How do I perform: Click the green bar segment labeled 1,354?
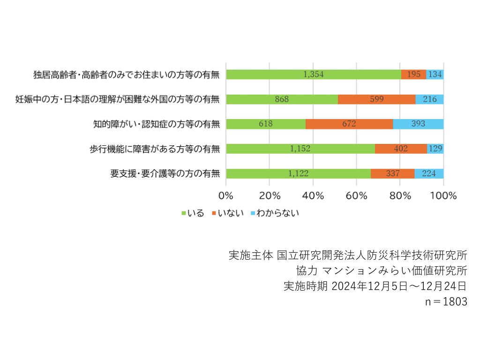(313, 75)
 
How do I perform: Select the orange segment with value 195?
(413, 75)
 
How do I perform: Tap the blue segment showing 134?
(435, 75)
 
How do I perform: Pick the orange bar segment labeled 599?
(376, 99)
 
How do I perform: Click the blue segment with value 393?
(418, 124)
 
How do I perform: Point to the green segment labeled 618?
(266, 124)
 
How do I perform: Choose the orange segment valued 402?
(401, 149)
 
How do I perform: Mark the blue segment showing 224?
(429, 174)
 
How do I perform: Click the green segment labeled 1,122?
(298, 174)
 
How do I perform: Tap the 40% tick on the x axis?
(313, 196)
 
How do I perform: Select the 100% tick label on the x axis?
(443, 196)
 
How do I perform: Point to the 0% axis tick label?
(226, 196)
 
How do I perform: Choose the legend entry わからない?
(275, 213)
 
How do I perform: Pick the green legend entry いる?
(193, 213)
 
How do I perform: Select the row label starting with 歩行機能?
(155, 149)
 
